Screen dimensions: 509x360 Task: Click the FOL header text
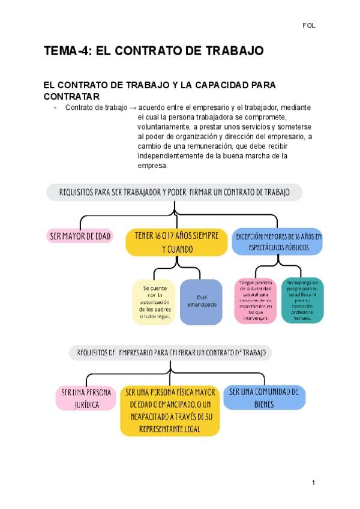(309, 26)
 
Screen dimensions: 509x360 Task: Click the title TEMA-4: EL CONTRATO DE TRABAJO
(154, 52)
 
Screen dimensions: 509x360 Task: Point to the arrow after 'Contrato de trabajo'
(133, 107)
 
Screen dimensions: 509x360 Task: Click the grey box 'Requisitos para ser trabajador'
(174, 192)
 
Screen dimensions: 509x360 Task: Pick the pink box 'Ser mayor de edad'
(80, 236)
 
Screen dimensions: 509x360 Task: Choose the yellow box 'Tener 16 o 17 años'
(176, 241)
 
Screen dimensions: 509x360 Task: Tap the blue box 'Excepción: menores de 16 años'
(277, 241)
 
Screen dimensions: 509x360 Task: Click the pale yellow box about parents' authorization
(154, 301)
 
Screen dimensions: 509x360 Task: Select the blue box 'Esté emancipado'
(202, 301)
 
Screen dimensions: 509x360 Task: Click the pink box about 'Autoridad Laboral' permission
(256, 301)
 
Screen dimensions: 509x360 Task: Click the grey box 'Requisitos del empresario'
(170, 352)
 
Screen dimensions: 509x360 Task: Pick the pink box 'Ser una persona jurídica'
(86, 398)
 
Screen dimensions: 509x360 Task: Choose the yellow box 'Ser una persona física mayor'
(170, 410)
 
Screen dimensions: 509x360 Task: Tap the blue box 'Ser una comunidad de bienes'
(264, 397)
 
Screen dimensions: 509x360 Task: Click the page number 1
(313, 483)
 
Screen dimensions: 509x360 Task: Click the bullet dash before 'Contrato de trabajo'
(55, 107)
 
